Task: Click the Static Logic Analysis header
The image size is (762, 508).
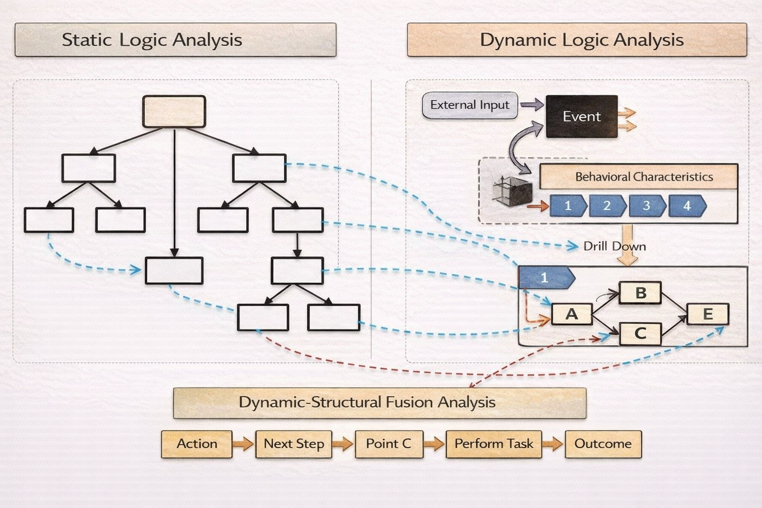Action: coord(175,40)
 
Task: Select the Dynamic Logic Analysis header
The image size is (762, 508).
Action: coord(576,40)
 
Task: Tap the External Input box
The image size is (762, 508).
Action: coord(469,105)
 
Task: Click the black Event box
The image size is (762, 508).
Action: coord(581,117)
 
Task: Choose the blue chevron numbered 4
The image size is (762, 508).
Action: coord(687,206)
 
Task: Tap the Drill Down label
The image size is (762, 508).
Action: coord(614,247)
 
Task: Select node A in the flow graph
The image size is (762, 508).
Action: coord(571,314)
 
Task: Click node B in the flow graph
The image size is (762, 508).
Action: coord(640,293)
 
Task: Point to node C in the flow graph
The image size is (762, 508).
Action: coord(640,333)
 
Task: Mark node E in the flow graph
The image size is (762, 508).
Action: coord(707,314)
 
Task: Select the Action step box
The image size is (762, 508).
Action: coord(196,444)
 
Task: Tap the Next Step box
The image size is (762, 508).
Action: coord(294,444)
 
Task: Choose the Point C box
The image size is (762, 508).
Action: coord(388,444)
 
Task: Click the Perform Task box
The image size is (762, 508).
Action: coord(494,444)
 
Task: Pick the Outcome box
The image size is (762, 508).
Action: coord(603,444)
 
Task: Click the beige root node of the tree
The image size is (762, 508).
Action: coord(174,112)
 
